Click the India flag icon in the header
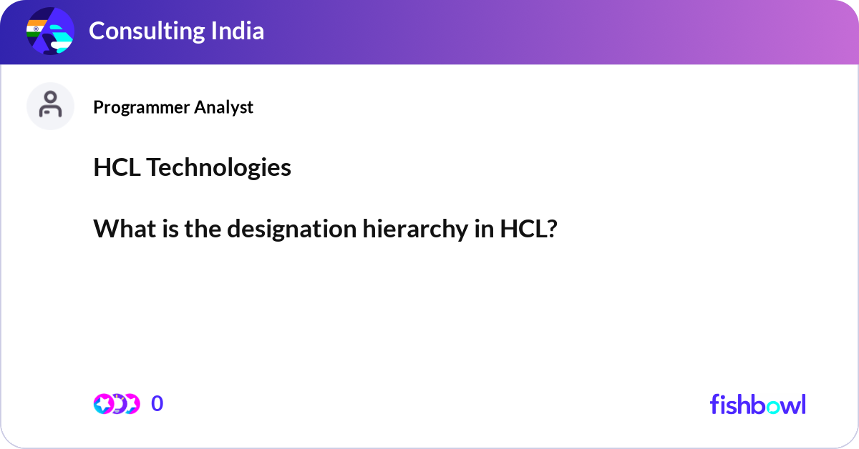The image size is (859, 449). pos(36,29)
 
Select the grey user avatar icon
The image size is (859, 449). pos(50,106)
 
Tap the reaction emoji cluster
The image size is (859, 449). pos(116,404)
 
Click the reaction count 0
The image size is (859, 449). pos(157,404)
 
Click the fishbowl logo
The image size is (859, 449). pos(757,404)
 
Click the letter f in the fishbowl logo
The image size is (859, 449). pos(714,404)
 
